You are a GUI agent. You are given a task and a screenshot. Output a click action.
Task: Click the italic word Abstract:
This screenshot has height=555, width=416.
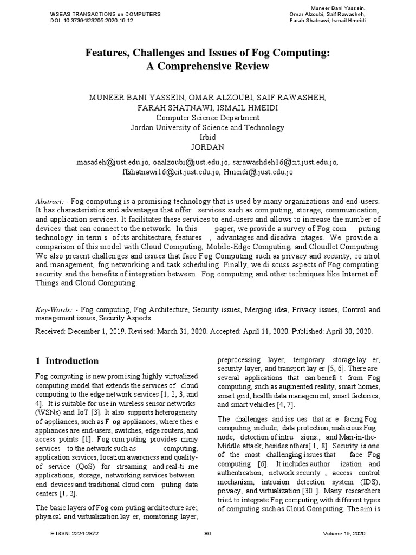click(x=50, y=201)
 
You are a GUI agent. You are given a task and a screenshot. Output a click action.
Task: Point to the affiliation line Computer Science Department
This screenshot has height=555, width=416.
click(x=207, y=117)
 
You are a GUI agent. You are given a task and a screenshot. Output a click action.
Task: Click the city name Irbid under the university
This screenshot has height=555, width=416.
click(x=207, y=137)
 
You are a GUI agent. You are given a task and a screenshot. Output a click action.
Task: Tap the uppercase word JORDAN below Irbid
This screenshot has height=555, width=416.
click(x=207, y=147)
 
